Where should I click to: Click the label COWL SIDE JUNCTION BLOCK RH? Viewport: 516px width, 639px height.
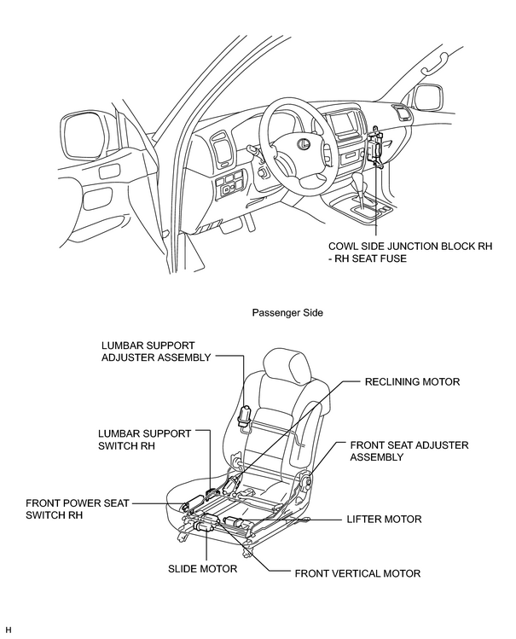410,247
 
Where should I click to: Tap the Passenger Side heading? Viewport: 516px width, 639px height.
287,312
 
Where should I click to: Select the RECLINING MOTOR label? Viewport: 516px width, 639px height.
412,382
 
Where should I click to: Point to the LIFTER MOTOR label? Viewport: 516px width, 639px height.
384,520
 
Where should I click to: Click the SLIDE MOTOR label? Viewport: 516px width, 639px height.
202,568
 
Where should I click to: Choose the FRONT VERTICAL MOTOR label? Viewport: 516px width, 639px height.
357,573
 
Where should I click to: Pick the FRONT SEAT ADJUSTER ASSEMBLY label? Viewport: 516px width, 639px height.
409,450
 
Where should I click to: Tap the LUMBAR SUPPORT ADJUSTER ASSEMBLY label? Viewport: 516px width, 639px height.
156,351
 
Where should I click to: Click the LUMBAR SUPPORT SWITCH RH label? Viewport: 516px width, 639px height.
145,439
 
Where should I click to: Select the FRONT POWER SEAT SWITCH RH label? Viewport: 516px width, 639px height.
78,509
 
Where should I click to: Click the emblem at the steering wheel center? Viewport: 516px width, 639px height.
303,142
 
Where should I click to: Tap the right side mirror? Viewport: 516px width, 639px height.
427,97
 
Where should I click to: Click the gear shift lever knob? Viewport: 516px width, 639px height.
359,179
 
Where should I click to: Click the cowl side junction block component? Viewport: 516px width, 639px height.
375,147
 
